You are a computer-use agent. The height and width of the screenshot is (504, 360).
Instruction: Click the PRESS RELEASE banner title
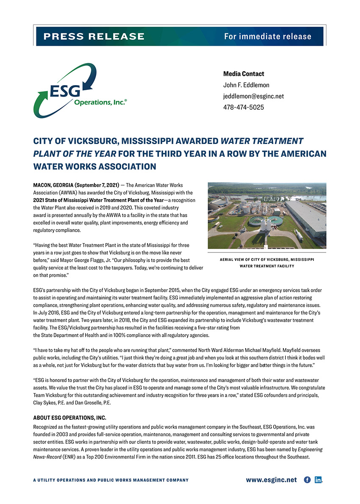click(94, 36)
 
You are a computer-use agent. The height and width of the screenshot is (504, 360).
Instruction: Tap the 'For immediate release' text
click(268, 36)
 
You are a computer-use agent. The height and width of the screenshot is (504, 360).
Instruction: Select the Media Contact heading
click(244, 74)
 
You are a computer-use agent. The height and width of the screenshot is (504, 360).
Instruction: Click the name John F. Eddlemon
click(246, 85)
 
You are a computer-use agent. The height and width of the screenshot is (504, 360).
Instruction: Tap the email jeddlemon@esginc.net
click(253, 96)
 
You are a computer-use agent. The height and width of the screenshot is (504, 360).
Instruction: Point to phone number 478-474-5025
click(244, 107)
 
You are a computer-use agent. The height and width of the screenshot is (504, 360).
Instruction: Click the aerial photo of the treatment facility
click(267, 215)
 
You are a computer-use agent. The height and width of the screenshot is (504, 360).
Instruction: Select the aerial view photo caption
click(267, 263)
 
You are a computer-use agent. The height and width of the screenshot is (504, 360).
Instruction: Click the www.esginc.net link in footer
click(271, 480)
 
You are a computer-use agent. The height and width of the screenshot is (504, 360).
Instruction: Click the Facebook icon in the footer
click(307, 480)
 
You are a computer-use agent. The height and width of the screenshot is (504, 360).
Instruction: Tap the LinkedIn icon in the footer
click(318, 480)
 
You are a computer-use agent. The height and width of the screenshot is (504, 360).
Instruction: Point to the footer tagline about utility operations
click(111, 480)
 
